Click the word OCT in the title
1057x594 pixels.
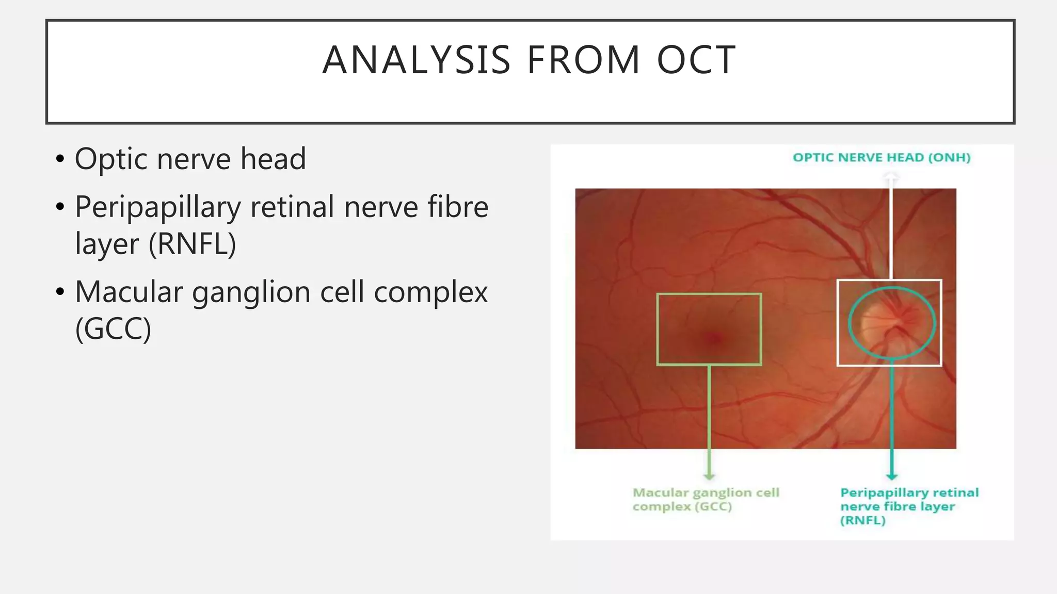point(696,60)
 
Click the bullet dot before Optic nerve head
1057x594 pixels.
point(60,159)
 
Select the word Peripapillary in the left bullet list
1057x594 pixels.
point(158,208)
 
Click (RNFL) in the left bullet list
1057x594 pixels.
point(192,243)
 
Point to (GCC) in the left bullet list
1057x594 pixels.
point(113,328)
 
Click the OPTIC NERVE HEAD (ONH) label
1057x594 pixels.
point(881,158)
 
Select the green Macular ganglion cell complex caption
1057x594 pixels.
point(705,499)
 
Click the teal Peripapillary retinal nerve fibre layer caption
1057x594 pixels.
point(908,506)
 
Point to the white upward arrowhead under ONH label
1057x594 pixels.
point(891,178)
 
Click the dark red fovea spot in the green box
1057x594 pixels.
point(714,338)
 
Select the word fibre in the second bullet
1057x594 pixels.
point(457,207)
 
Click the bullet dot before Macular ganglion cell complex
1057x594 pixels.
point(60,292)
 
